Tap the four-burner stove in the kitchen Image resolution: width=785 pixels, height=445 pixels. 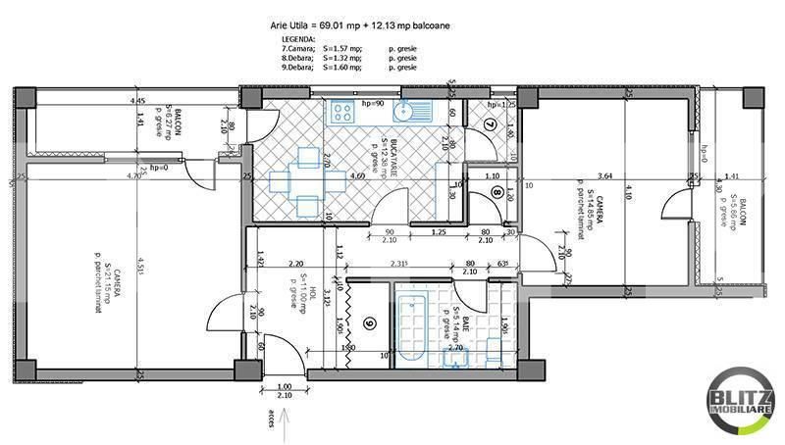[344, 112]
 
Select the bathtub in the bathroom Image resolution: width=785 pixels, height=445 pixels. [411, 328]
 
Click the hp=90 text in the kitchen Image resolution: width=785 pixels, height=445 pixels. [371, 103]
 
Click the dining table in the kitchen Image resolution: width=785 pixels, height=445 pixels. [308, 180]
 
